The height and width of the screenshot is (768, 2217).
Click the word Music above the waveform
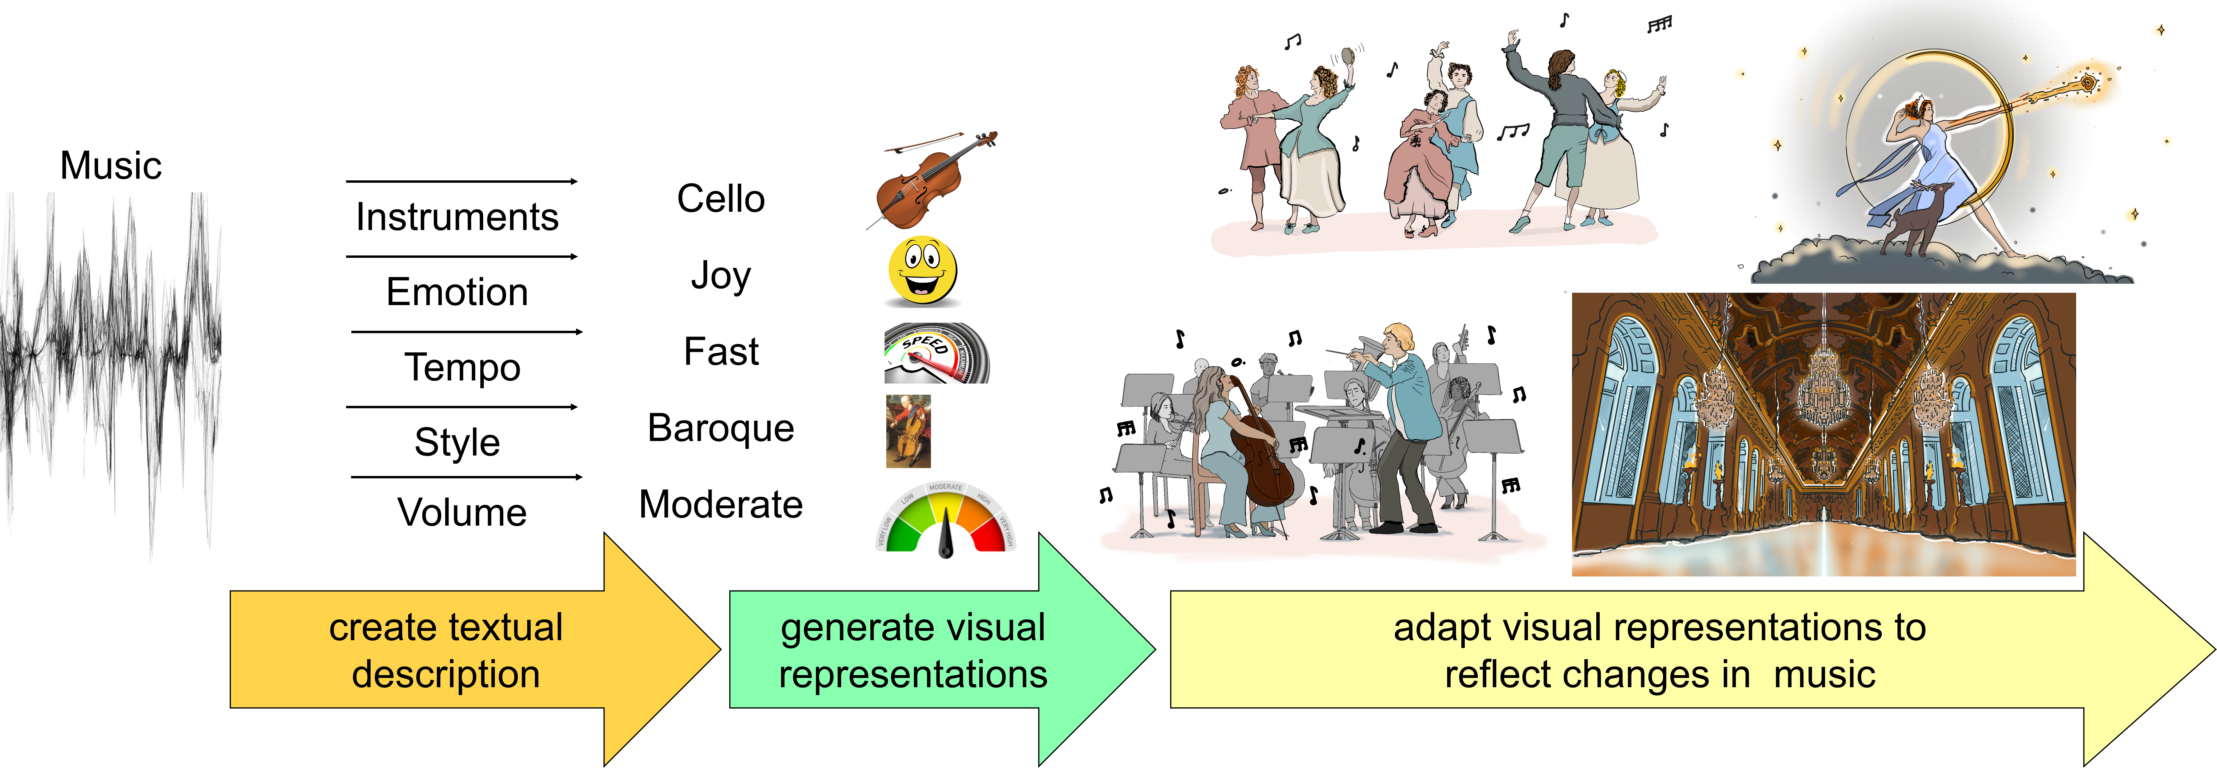(x=111, y=165)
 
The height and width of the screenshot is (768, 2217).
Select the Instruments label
(x=457, y=217)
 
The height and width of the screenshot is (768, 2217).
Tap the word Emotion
(x=457, y=292)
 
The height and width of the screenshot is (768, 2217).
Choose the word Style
(x=457, y=442)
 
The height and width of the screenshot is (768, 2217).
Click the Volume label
(x=462, y=512)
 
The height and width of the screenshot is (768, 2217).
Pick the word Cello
(x=721, y=199)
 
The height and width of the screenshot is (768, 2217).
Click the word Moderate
(x=721, y=504)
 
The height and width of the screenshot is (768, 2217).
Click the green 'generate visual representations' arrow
(x=942, y=649)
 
